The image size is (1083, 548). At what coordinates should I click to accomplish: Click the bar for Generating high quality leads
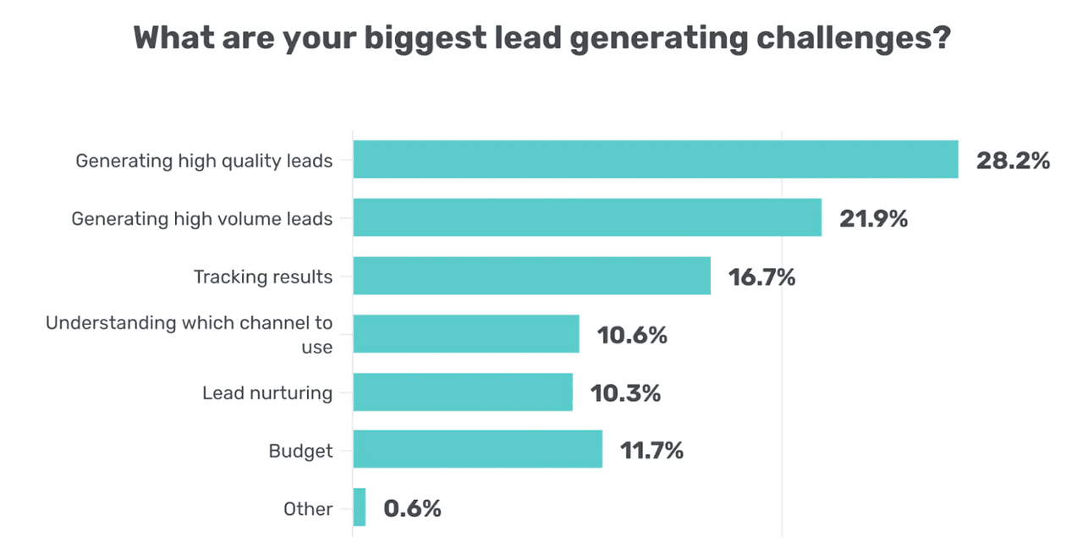(x=655, y=159)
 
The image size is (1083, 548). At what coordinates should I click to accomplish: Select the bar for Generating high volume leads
(x=587, y=217)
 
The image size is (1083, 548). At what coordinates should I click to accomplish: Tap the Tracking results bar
(x=531, y=276)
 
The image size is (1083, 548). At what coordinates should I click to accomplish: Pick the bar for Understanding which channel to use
(x=466, y=333)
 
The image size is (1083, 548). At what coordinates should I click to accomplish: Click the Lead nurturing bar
(x=463, y=392)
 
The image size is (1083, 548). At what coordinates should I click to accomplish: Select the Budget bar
(x=477, y=449)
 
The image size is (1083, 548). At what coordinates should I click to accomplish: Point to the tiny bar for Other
(x=360, y=507)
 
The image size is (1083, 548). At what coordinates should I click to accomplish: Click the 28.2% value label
(x=1013, y=161)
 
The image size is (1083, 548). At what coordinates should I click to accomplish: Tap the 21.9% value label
(x=873, y=219)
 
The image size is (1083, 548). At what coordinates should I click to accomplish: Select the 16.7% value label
(x=761, y=277)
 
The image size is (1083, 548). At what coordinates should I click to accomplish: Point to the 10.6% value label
(x=632, y=335)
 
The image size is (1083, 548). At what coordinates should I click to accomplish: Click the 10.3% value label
(x=626, y=393)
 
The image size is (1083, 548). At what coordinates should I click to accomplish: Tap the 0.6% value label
(x=412, y=509)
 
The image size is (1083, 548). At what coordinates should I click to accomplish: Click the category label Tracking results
(x=263, y=277)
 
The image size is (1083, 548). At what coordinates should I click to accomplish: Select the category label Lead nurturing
(x=267, y=393)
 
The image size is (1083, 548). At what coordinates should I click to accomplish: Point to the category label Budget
(x=300, y=451)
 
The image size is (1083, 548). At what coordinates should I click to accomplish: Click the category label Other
(x=308, y=509)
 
